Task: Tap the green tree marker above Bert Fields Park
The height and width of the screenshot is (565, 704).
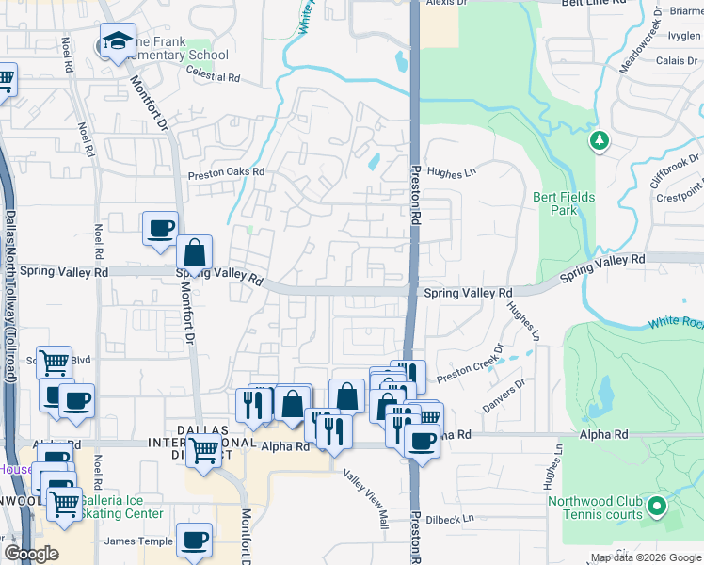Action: point(598,141)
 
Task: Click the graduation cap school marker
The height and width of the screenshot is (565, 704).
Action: point(118,40)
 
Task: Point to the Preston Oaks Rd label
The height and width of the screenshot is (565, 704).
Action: point(226,173)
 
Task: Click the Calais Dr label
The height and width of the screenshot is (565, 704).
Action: point(676,60)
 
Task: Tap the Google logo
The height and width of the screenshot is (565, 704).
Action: point(30,553)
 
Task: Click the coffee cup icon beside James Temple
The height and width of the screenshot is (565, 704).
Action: point(194,541)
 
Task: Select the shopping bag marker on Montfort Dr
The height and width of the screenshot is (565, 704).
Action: point(194,252)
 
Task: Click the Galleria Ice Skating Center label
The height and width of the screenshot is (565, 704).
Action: point(122,507)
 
